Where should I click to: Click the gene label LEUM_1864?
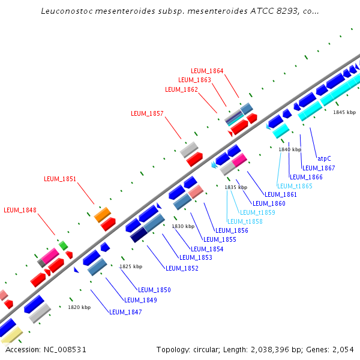pyautogui.click(x=207, y=71)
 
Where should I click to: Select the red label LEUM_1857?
pyautogui.click(x=147, y=113)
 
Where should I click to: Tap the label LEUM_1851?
pyautogui.click(x=60, y=178)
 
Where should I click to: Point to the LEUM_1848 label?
pyautogui.click(x=20, y=210)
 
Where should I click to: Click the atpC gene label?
pyautogui.click(x=324, y=158)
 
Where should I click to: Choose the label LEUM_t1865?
pyautogui.click(x=295, y=186)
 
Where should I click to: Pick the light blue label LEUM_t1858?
pyautogui.click(x=245, y=221)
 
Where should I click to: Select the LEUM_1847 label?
pyautogui.click(x=125, y=312)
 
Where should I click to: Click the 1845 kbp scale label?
pyautogui.click(x=344, y=112)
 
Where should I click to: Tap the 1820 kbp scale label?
pyautogui.click(x=79, y=307)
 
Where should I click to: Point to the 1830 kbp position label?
pyautogui.click(x=184, y=226)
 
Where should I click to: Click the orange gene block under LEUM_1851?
pyautogui.click(x=103, y=214)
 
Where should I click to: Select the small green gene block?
pyautogui.click(x=63, y=245)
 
